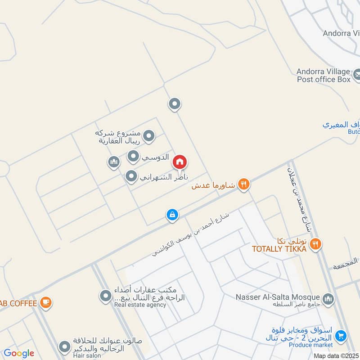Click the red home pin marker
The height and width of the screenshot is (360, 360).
(180, 162)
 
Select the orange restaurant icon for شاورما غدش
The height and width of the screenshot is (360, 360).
(243, 184)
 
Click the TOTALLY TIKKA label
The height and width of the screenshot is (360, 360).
(279, 249)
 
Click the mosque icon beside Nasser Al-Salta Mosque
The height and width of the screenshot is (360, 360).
(328, 298)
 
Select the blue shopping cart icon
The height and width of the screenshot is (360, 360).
(341, 335)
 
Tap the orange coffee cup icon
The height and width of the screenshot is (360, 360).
(45, 302)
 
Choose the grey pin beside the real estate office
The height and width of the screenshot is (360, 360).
(105, 296)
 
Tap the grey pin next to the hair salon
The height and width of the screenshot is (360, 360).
(65, 346)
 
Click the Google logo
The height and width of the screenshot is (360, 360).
(19, 353)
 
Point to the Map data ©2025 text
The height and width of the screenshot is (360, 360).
(336, 356)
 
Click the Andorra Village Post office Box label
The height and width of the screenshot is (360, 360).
(323, 75)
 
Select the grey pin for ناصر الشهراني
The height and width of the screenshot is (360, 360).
(131, 177)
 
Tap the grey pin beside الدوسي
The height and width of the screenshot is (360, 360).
(133, 157)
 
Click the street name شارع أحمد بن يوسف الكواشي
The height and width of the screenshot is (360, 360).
(191, 235)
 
